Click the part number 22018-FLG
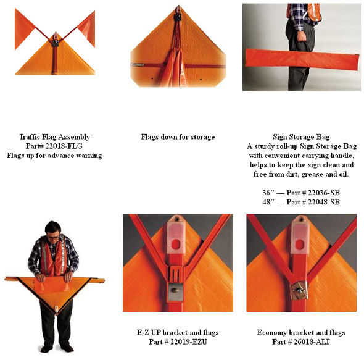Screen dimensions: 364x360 tap(64, 146)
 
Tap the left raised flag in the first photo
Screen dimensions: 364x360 tap(23, 28)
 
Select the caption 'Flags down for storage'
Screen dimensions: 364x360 tap(178, 137)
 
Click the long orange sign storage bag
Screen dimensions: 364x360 tap(302, 59)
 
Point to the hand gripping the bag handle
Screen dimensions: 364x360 tap(303, 36)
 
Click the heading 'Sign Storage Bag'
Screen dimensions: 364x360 tap(301, 137)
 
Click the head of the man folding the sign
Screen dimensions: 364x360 tap(53, 231)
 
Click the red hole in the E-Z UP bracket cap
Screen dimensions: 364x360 tap(176, 244)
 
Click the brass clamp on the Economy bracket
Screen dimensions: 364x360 tap(299, 290)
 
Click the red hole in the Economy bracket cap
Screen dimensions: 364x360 tap(299, 245)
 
